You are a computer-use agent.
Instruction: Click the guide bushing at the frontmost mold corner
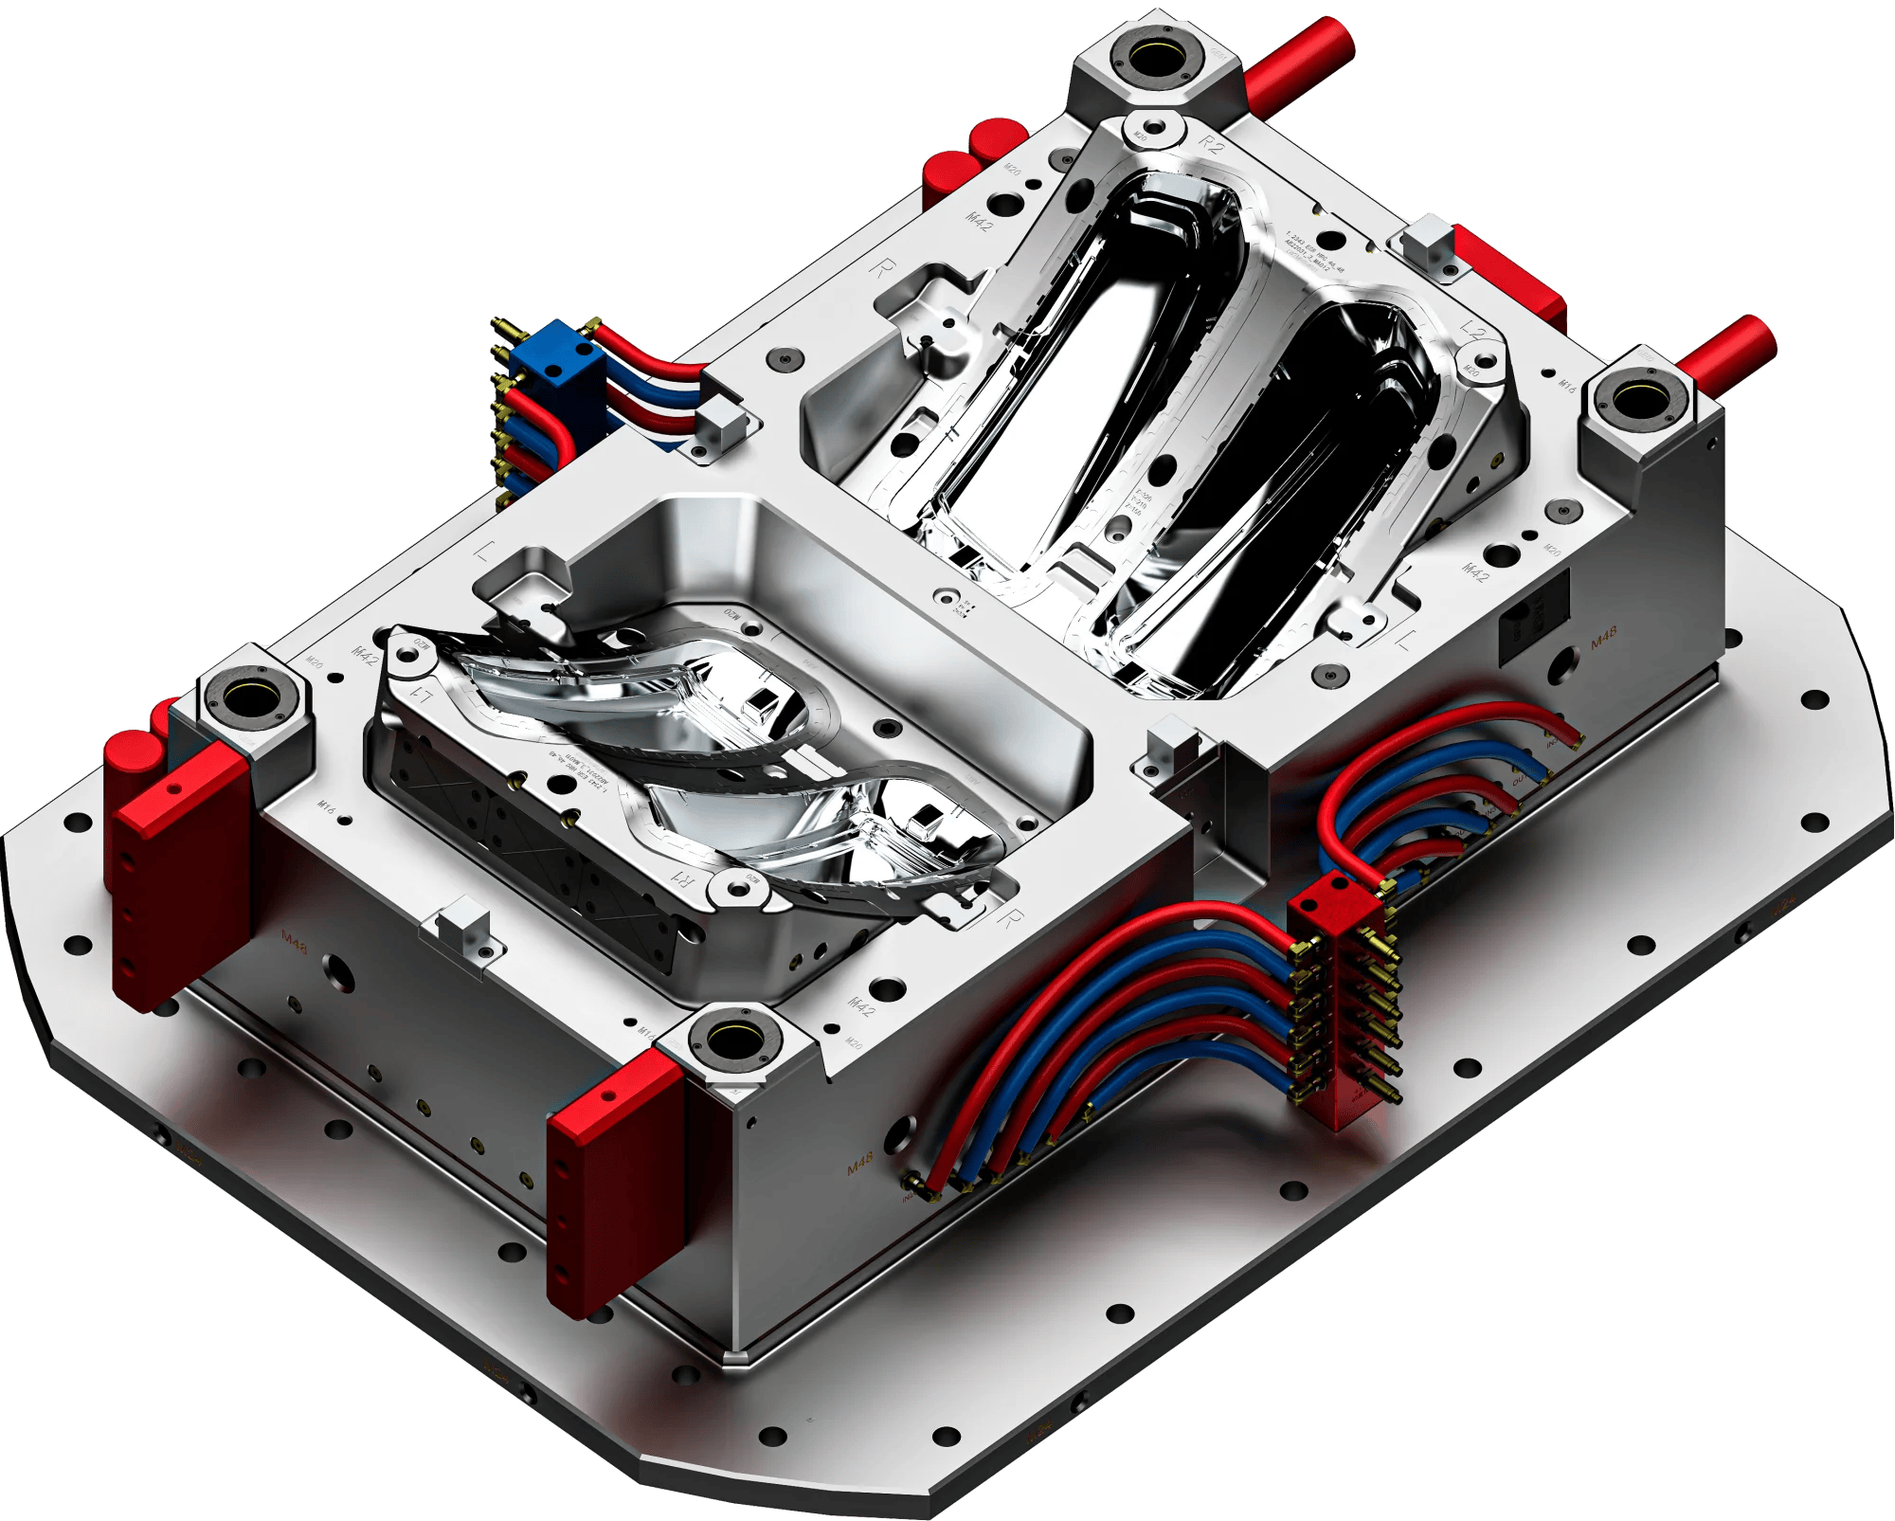(731, 1041)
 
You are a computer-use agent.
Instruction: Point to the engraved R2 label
(1211, 144)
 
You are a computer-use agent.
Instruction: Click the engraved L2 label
(1472, 331)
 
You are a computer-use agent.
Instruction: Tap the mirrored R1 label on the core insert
(684, 878)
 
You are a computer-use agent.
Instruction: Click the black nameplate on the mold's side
(1533, 618)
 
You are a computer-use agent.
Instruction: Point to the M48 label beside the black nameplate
(1603, 638)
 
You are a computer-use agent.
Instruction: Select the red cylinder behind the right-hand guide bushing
(1724, 351)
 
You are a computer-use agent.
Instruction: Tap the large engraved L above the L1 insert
(485, 552)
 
